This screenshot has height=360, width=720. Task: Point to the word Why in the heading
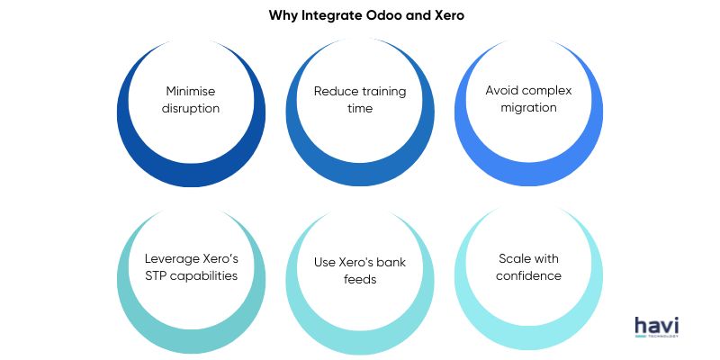pos(283,16)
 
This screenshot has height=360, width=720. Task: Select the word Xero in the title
pos(448,15)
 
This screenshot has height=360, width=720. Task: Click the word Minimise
pos(191,91)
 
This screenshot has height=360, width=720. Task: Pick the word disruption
pos(191,108)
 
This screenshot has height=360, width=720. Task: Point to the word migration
pos(528,107)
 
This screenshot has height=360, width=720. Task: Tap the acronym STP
pos(155,275)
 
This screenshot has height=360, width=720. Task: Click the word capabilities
pos(203,276)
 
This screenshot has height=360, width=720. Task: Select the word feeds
pos(360,279)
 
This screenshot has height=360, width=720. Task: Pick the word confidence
pos(528,275)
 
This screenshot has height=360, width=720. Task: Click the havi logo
pos(657,327)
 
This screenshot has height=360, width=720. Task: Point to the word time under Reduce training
pos(360,108)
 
